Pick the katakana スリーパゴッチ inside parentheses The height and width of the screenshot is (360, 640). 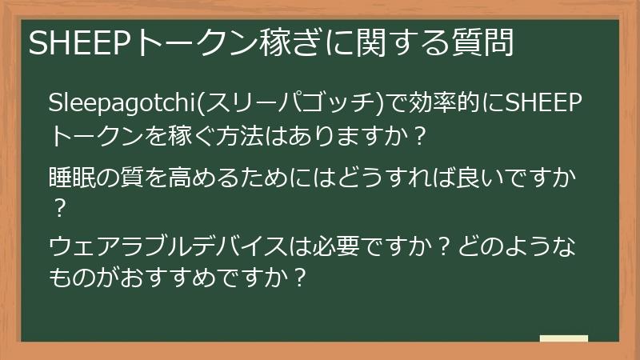click(286, 102)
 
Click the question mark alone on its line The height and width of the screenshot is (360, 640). click(57, 209)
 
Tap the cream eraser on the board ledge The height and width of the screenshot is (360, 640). click(564, 338)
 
